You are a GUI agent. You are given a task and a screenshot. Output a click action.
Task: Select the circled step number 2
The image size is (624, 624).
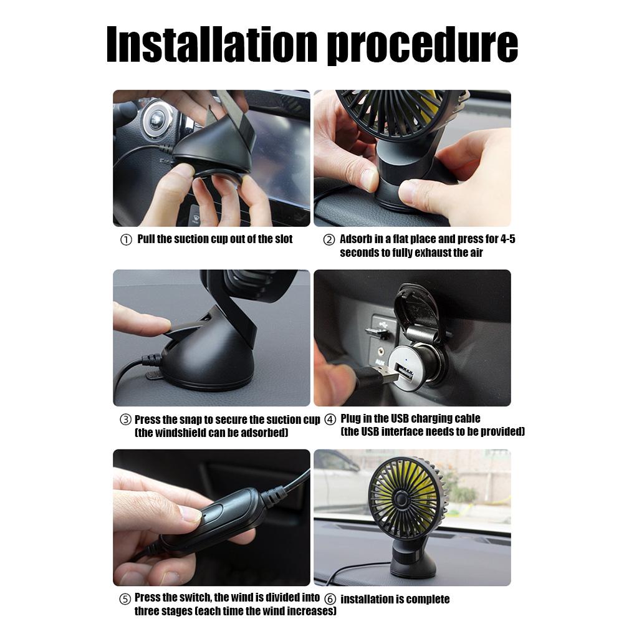[x=329, y=240]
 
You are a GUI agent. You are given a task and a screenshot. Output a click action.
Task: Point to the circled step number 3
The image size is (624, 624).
[x=125, y=420]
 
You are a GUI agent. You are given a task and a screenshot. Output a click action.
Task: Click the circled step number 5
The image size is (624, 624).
[x=125, y=600]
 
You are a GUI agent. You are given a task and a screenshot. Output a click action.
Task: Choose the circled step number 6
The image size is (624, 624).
[x=330, y=600]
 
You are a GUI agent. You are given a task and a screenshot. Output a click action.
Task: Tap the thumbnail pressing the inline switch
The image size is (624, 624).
[x=191, y=515]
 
